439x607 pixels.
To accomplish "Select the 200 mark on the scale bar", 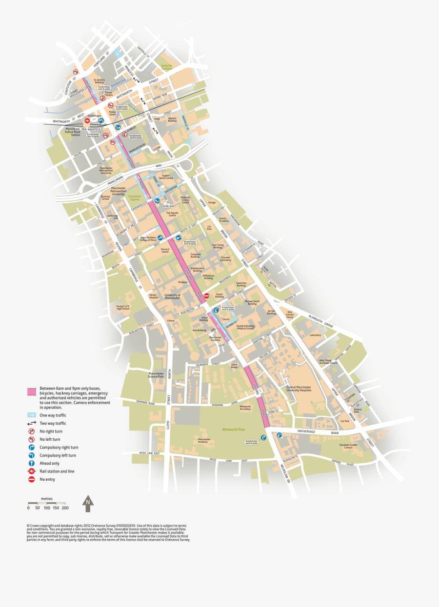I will [65, 508].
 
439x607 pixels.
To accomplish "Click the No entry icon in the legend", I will [31, 480].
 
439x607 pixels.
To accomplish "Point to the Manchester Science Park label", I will [156, 375].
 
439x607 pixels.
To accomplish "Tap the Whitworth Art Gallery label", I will [245, 408].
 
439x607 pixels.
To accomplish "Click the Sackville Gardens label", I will [167, 67].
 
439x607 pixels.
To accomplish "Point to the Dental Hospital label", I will [153, 296].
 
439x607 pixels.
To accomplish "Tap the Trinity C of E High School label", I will [123, 307].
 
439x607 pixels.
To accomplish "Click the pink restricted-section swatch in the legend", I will [31, 392].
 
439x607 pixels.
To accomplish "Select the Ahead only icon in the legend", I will [31, 464].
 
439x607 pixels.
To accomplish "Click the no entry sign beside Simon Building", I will [206, 295].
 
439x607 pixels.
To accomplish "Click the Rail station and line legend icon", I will [31, 471].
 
